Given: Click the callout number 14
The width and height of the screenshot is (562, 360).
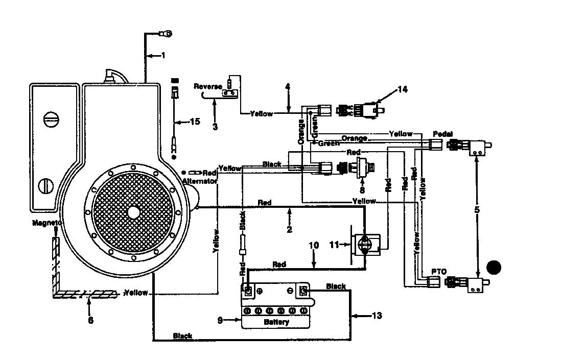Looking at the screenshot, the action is (x=403, y=89).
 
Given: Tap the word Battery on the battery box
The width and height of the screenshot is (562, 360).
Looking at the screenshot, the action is (x=276, y=322).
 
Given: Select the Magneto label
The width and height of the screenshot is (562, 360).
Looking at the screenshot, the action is (x=47, y=223).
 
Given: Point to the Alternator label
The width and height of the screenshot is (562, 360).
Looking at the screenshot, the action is (x=200, y=181).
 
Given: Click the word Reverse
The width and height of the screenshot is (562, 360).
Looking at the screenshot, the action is (x=208, y=86).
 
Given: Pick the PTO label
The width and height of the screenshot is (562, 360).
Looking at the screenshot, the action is (x=439, y=272).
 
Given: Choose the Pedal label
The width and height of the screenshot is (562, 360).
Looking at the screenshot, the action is (x=442, y=134).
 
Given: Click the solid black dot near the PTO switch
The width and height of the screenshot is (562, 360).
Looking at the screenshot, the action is (x=494, y=267).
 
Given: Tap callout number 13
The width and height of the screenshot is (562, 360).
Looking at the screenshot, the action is (x=377, y=316).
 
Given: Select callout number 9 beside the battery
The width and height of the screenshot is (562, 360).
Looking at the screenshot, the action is (x=220, y=320).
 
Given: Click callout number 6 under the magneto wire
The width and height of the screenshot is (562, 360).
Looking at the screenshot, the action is (x=90, y=320).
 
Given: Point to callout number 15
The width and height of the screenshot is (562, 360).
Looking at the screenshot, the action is (x=195, y=122).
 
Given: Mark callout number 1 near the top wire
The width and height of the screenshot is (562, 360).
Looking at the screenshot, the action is (x=163, y=56).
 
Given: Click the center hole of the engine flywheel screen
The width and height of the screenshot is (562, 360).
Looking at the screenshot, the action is (x=133, y=212).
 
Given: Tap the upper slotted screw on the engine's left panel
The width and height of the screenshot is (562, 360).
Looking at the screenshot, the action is (x=51, y=119).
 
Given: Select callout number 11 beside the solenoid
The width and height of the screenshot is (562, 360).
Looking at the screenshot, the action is (x=334, y=245).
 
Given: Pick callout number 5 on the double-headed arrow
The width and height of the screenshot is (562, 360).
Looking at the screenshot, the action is (x=477, y=210).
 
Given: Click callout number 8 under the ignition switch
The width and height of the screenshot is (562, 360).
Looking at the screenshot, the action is (x=362, y=190).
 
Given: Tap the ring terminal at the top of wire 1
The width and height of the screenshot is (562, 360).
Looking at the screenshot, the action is (x=167, y=34).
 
